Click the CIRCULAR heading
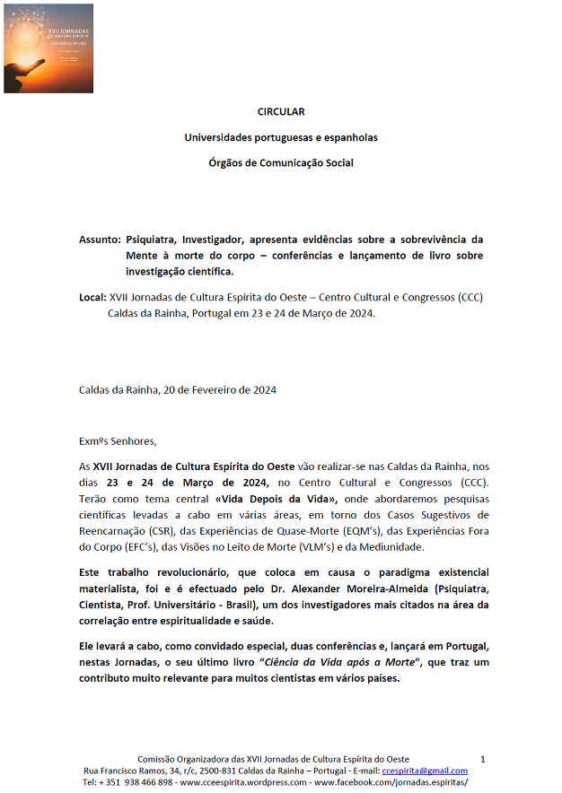[x=281, y=112]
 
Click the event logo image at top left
[x=48, y=48]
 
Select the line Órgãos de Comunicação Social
[x=281, y=162]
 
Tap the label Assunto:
[x=100, y=240]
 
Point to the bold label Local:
[x=92, y=297]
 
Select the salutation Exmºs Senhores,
[x=118, y=440]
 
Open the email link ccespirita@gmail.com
[x=425, y=771]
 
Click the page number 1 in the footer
[x=483, y=759]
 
